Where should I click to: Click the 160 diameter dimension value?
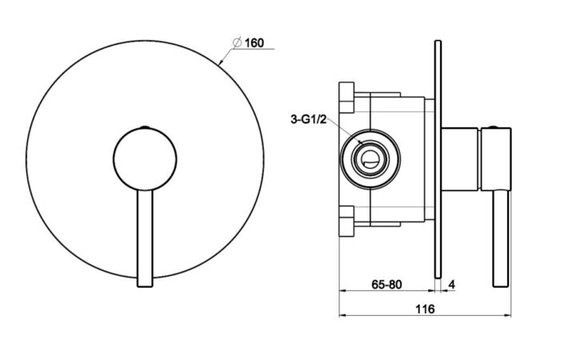[x=254, y=42]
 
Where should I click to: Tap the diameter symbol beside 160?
[x=237, y=42]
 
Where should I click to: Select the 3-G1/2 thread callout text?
[x=309, y=119]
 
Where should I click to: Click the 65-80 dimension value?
[x=386, y=285]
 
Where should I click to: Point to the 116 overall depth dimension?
[x=425, y=309]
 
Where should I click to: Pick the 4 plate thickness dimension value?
[x=452, y=285]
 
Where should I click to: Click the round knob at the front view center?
[x=145, y=159]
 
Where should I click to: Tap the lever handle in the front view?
[x=146, y=238]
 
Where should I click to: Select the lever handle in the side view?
[x=501, y=238]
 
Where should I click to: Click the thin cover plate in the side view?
[x=438, y=159]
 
